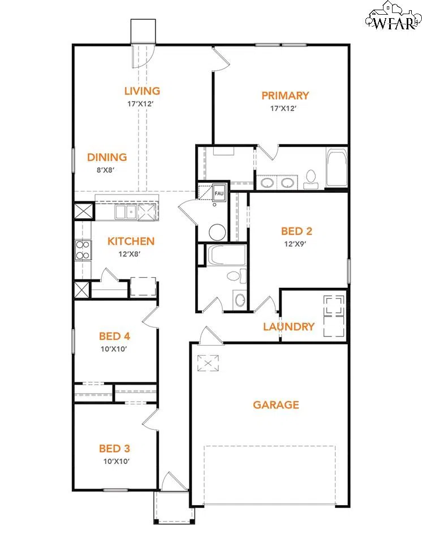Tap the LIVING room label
(142, 90)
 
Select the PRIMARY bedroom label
(285, 96)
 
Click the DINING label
(107, 157)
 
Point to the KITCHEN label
(131, 242)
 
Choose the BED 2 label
(297, 231)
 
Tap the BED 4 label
(115, 337)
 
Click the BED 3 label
(115, 449)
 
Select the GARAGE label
(275, 404)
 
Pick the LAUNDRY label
(288, 327)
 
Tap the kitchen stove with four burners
(83, 250)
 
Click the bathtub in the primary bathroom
(337, 168)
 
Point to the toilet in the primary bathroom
(310, 179)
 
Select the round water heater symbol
(217, 232)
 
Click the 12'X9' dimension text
(297, 244)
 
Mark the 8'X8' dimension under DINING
(107, 170)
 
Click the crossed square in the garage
(208, 362)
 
